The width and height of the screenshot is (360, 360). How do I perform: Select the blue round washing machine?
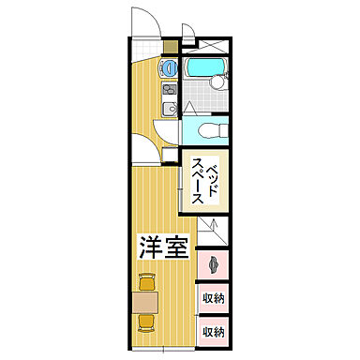[x=169, y=68]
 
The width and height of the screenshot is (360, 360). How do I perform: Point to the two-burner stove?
[x=170, y=91]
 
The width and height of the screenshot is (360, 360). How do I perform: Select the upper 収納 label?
[x=213, y=298]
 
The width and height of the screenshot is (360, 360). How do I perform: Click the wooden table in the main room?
[x=145, y=301]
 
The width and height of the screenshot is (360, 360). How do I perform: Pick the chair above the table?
[x=145, y=280]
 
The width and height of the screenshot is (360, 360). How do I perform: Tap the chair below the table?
[x=145, y=322]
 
